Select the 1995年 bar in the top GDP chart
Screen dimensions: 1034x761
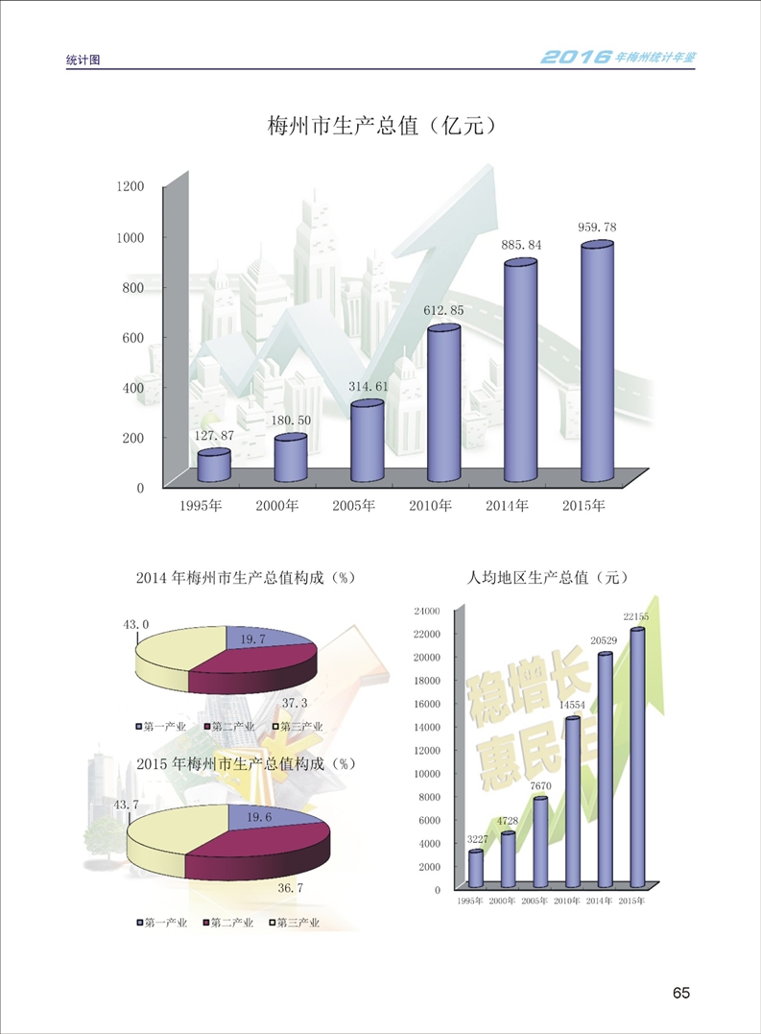[x=214, y=466]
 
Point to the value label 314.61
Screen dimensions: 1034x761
[x=369, y=386]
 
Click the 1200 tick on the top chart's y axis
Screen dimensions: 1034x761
[x=130, y=186]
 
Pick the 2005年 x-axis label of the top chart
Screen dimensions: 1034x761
[x=354, y=506]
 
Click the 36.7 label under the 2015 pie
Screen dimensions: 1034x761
[x=291, y=888]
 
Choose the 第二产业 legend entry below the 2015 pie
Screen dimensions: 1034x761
[x=229, y=923]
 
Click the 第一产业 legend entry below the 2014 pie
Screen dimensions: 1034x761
[x=163, y=727]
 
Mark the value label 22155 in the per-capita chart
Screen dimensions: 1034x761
[x=638, y=616]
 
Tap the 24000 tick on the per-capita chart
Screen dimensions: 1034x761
[x=426, y=611]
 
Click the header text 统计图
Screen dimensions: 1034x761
[x=83, y=60]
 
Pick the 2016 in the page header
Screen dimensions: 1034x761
[x=576, y=57]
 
